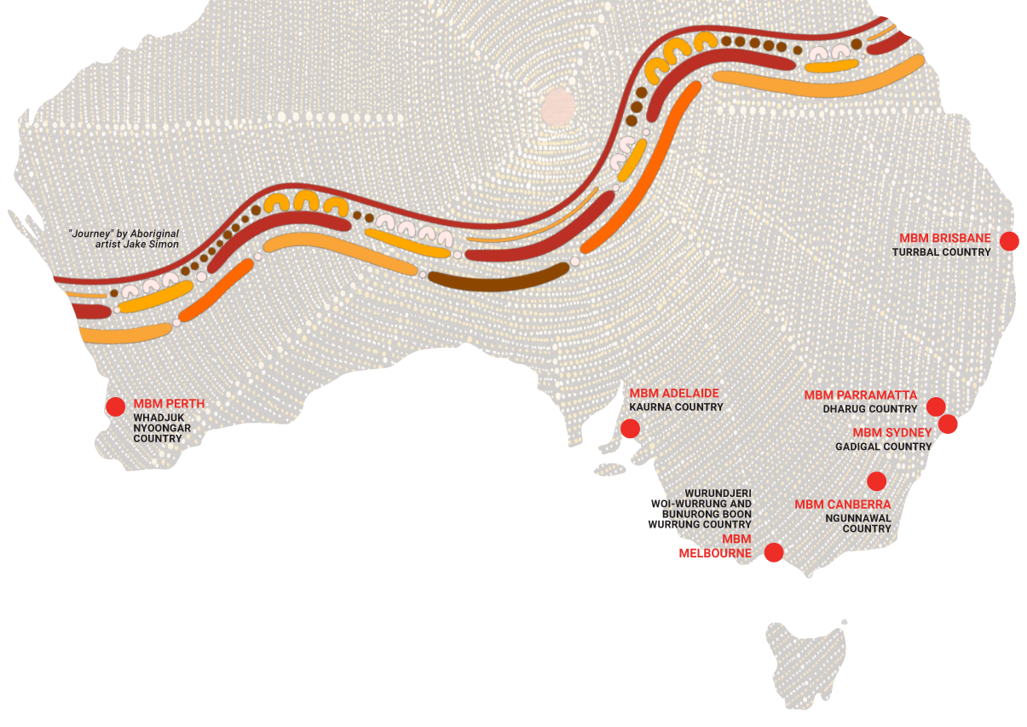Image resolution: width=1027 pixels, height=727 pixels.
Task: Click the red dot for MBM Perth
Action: coord(115,407)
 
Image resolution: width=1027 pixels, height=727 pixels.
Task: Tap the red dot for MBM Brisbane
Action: coord(1009,240)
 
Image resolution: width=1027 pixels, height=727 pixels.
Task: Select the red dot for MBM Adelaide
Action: coord(630,428)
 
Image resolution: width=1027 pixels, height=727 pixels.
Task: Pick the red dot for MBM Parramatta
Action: coord(936,406)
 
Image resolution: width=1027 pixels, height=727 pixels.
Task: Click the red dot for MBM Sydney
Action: coord(948,424)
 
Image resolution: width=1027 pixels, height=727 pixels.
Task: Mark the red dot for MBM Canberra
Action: coord(876,481)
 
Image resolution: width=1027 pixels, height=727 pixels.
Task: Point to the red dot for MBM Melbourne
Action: coord(773,552)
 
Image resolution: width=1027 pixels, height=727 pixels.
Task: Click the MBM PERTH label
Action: coord(169,403)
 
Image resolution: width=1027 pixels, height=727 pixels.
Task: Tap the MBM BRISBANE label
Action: coord(944,239)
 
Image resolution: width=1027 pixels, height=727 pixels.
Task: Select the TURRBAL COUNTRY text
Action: coord(941,252)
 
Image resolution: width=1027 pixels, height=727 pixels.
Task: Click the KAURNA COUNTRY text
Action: coord(676,407)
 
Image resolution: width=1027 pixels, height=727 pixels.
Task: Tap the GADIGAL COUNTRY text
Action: coord(883,447)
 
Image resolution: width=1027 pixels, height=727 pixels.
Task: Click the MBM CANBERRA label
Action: coord(842,505)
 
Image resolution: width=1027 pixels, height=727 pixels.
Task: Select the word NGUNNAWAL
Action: coord(857,517)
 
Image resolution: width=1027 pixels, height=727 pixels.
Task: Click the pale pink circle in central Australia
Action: coord(559,106)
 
